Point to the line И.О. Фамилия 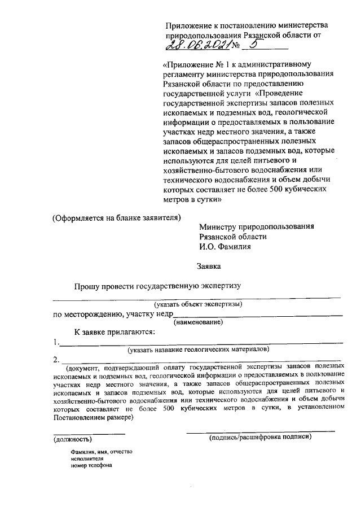pos(225,246)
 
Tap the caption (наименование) pos(199,322)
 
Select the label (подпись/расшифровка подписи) pos(260,438)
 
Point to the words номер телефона pos(88,466)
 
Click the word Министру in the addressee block pos(218,226)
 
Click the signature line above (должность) pos(89,433)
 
